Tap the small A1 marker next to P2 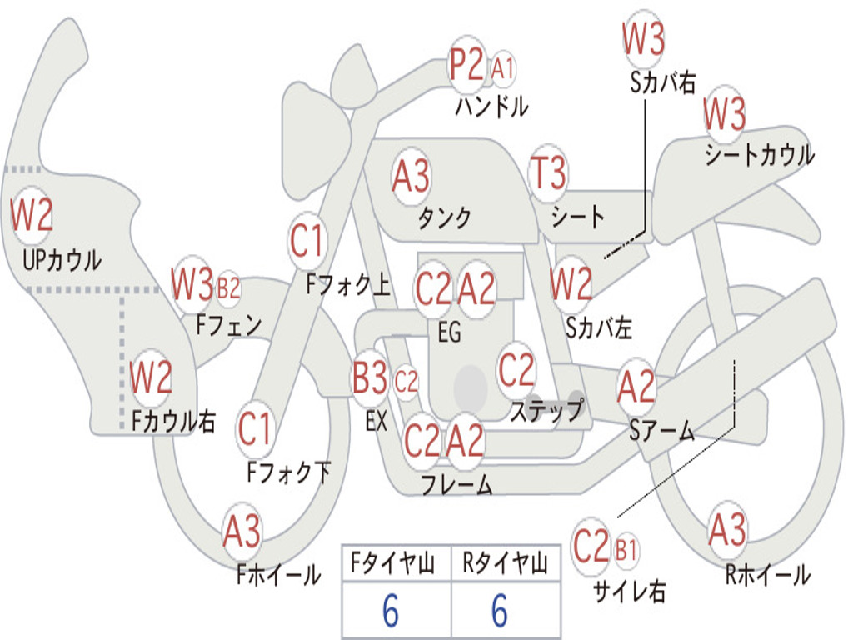coord(502,69)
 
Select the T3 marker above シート coord(548,172)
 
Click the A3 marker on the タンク coord(412,176)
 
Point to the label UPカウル coord(62,260)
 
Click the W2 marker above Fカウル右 coord(151,377)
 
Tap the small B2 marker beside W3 coord(228,288)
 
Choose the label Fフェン coord(228,325)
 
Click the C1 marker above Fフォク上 coord(307,241)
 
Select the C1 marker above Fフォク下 coord(255,428)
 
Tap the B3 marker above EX coord(370,377)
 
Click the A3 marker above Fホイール coord(242,531)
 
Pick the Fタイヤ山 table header coord(393,563)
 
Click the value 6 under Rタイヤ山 coord(500,611)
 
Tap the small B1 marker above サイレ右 coord(626,550)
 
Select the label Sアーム coord(662,431)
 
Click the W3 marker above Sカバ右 coord(644,38)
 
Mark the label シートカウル coord(760,154)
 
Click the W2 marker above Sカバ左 coord(571,283)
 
